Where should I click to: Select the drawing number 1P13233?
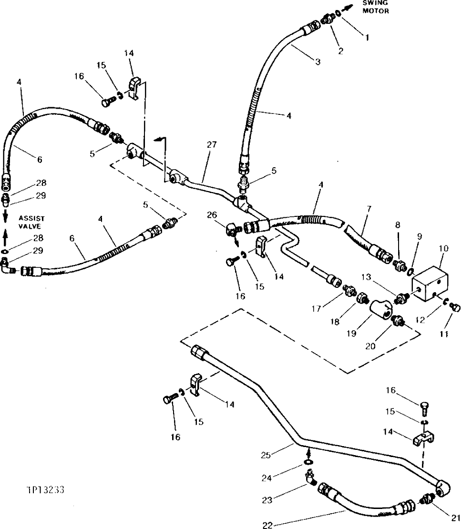point(46,489)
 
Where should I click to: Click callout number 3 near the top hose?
point(318,61)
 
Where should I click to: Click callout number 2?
point(340,51)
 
